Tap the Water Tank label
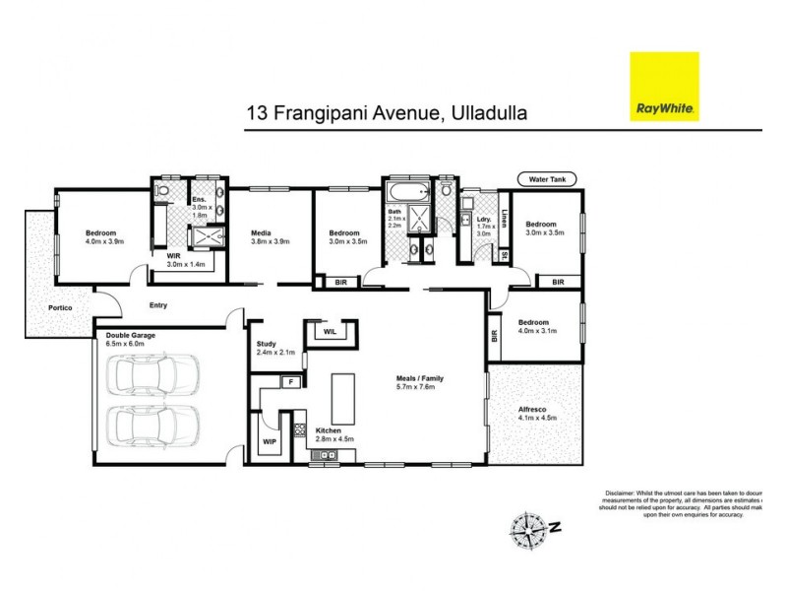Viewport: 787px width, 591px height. click(547, 178)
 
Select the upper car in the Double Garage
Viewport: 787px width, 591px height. click(156, 376)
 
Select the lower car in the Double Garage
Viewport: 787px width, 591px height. click(156, 426)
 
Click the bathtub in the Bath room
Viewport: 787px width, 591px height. click(408, 191)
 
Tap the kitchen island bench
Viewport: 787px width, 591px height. click(344, 398)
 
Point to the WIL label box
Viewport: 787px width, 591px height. click(330, 332)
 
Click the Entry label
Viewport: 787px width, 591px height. click(159, 305)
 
